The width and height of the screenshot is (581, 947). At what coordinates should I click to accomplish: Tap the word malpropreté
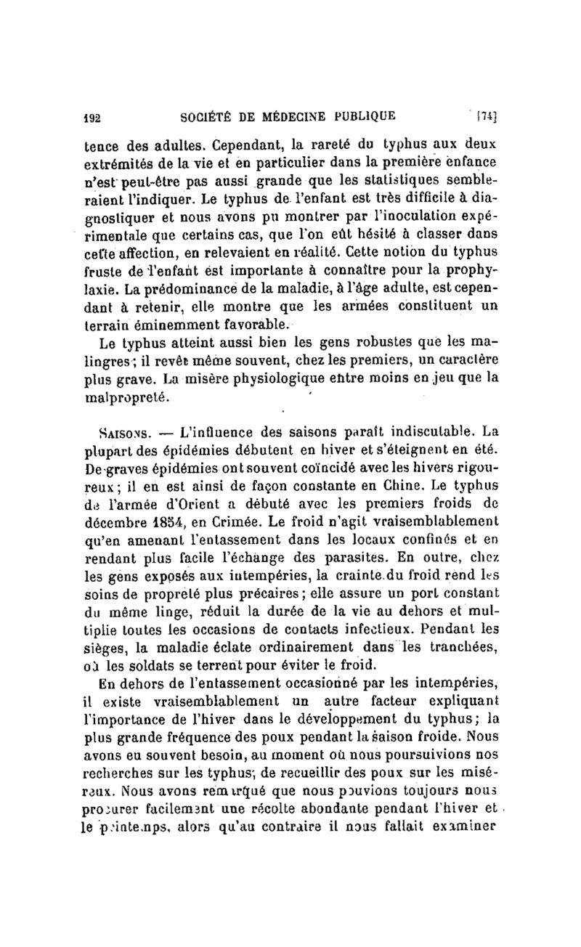tap(127, 397)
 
